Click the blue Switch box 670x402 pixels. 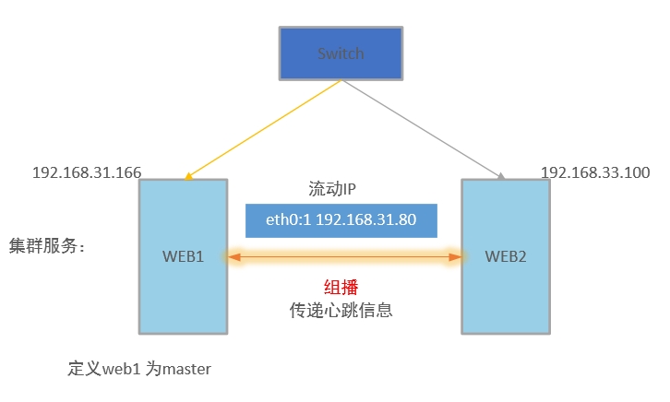tap(341, 53)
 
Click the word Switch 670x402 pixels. tap(341, 53)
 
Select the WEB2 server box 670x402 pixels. tap(505, 295)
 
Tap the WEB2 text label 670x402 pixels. tap(505, 255)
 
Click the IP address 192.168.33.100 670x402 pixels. tap(595, 172)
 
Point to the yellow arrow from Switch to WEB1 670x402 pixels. tap(263, 129)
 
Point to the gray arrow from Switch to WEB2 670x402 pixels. tap(425, 129)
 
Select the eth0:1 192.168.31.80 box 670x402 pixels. tap(341, 220)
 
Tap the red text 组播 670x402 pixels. tap(341, 288)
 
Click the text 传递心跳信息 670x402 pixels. tap(341, 310)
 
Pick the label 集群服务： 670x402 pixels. tap(46, 246)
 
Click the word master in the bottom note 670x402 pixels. tap(186, 369)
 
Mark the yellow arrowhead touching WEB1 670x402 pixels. tap(188, 176)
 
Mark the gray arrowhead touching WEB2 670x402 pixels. tap(501, 176)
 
